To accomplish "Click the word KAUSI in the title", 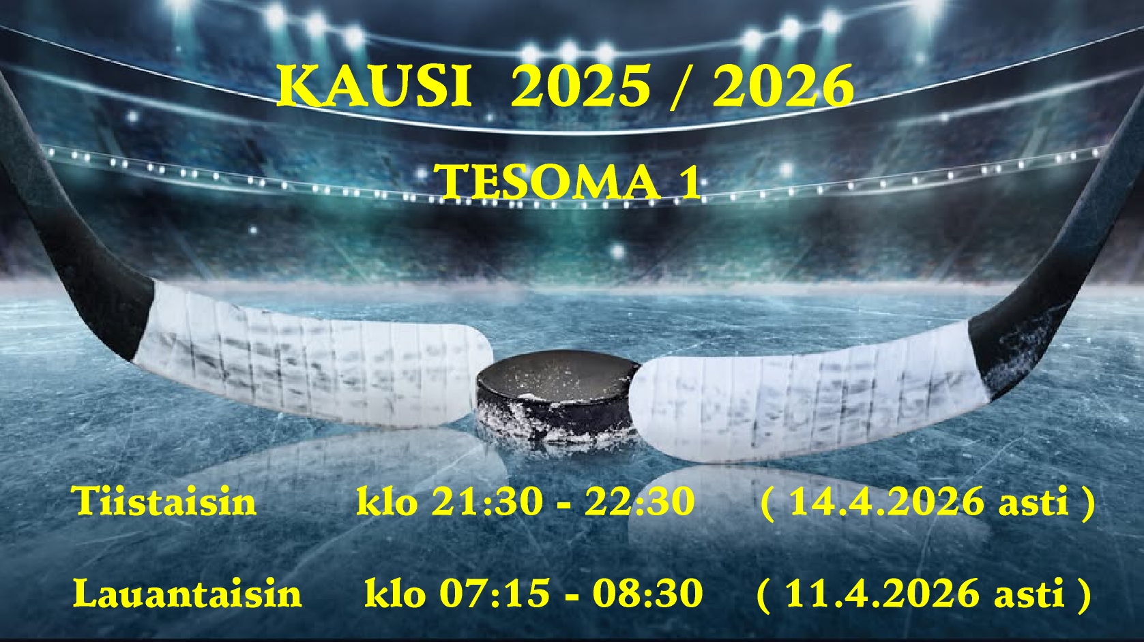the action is pos(374,85).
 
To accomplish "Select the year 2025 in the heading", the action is pos(581,85).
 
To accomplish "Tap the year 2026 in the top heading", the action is pos(783,85).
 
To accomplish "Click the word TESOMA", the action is pos(550,182).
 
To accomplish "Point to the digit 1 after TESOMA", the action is pos(690,182).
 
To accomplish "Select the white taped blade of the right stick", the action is pos(807,393).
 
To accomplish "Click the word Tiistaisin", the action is pos(164,501).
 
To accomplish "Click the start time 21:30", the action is pos(486,501).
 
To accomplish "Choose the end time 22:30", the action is pos(640,501).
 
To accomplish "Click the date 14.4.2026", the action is pos(887,501).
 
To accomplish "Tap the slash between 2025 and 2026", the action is pos(681,87).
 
